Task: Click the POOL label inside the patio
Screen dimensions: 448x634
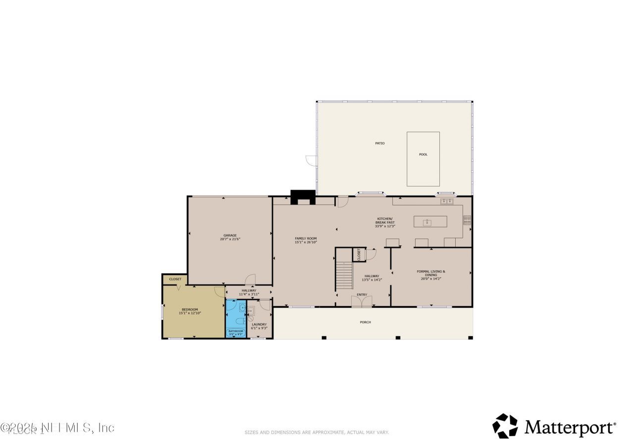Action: pyautogui.click(x=423, y=154)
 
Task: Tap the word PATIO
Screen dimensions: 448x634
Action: pyautogui.click(x=379, y=144)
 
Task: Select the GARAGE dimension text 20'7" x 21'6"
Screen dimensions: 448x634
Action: pyautogui.click(x=230, y=239)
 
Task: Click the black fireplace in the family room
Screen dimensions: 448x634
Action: pyautogui.click(x=303, y=197)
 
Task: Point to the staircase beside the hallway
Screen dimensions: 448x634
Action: pyautogui.click(x=344, y=277)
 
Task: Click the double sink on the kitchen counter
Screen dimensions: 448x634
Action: pyautogui.click(x=447, y=201)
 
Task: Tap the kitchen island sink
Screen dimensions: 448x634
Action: pyautogui.click(x=427, y=223)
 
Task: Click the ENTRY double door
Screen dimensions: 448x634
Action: pyautogui.click(x=362, y=301)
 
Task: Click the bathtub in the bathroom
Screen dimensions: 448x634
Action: pyautogui.click(x=235, y=333)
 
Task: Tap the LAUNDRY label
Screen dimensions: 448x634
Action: pyautogui.click(x=259, y=325)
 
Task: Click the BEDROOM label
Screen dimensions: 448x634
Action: pyautogui.click(x=190, y=309)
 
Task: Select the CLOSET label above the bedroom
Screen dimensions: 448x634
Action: pyautogui.click(x=175, y=279)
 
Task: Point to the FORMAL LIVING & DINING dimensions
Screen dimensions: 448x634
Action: pyautogui.click(x=430, y=279)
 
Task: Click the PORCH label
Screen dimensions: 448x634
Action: pyautogui.click(x=365, y=322)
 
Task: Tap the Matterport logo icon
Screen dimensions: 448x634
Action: pyautogui.click(x=505, y=426)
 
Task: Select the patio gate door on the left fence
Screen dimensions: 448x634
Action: pyautogui.click(x=311, y=160)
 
